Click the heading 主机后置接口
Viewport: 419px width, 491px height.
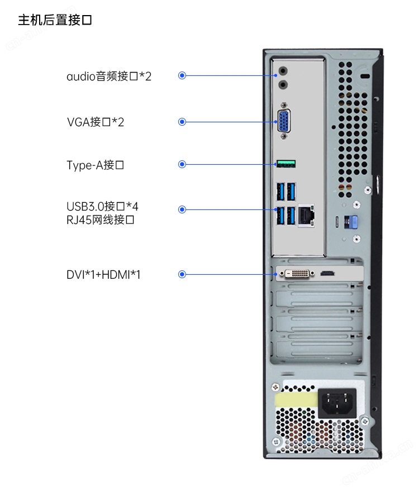click(x=55, y=20)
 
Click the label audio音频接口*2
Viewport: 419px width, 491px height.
click(x=109, y=76)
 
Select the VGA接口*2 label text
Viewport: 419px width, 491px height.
click(x=95, y=122)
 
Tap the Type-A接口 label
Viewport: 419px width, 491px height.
click(x=95, y=165)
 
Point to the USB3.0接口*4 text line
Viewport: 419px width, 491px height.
click(x=102, y=206)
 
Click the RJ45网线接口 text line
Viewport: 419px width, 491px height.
click(x=100, y=220)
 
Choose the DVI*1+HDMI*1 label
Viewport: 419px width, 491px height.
click(x=103, y=275)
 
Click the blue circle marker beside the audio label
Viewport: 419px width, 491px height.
click(x=182, y=75)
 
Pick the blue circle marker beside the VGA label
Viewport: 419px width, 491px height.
click(x=182, y=122)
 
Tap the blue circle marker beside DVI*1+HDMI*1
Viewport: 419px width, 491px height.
click(x=182, y=274)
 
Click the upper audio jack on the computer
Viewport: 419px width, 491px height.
click(x=283, y=71)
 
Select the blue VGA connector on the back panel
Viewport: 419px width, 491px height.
click(x=284, y=121)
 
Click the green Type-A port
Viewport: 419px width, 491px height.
click(x=286, y=164)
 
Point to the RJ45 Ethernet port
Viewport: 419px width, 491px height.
click(x=306, y=215)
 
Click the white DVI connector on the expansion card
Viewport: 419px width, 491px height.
click(x=297, y=274)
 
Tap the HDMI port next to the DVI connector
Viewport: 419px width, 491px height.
click(x=327, y=274)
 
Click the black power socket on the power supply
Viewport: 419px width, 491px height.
click(x=337, y=403)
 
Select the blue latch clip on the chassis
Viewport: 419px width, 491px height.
click(x=351, y=222)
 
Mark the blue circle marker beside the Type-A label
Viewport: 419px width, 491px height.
click(x=182, y=164)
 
